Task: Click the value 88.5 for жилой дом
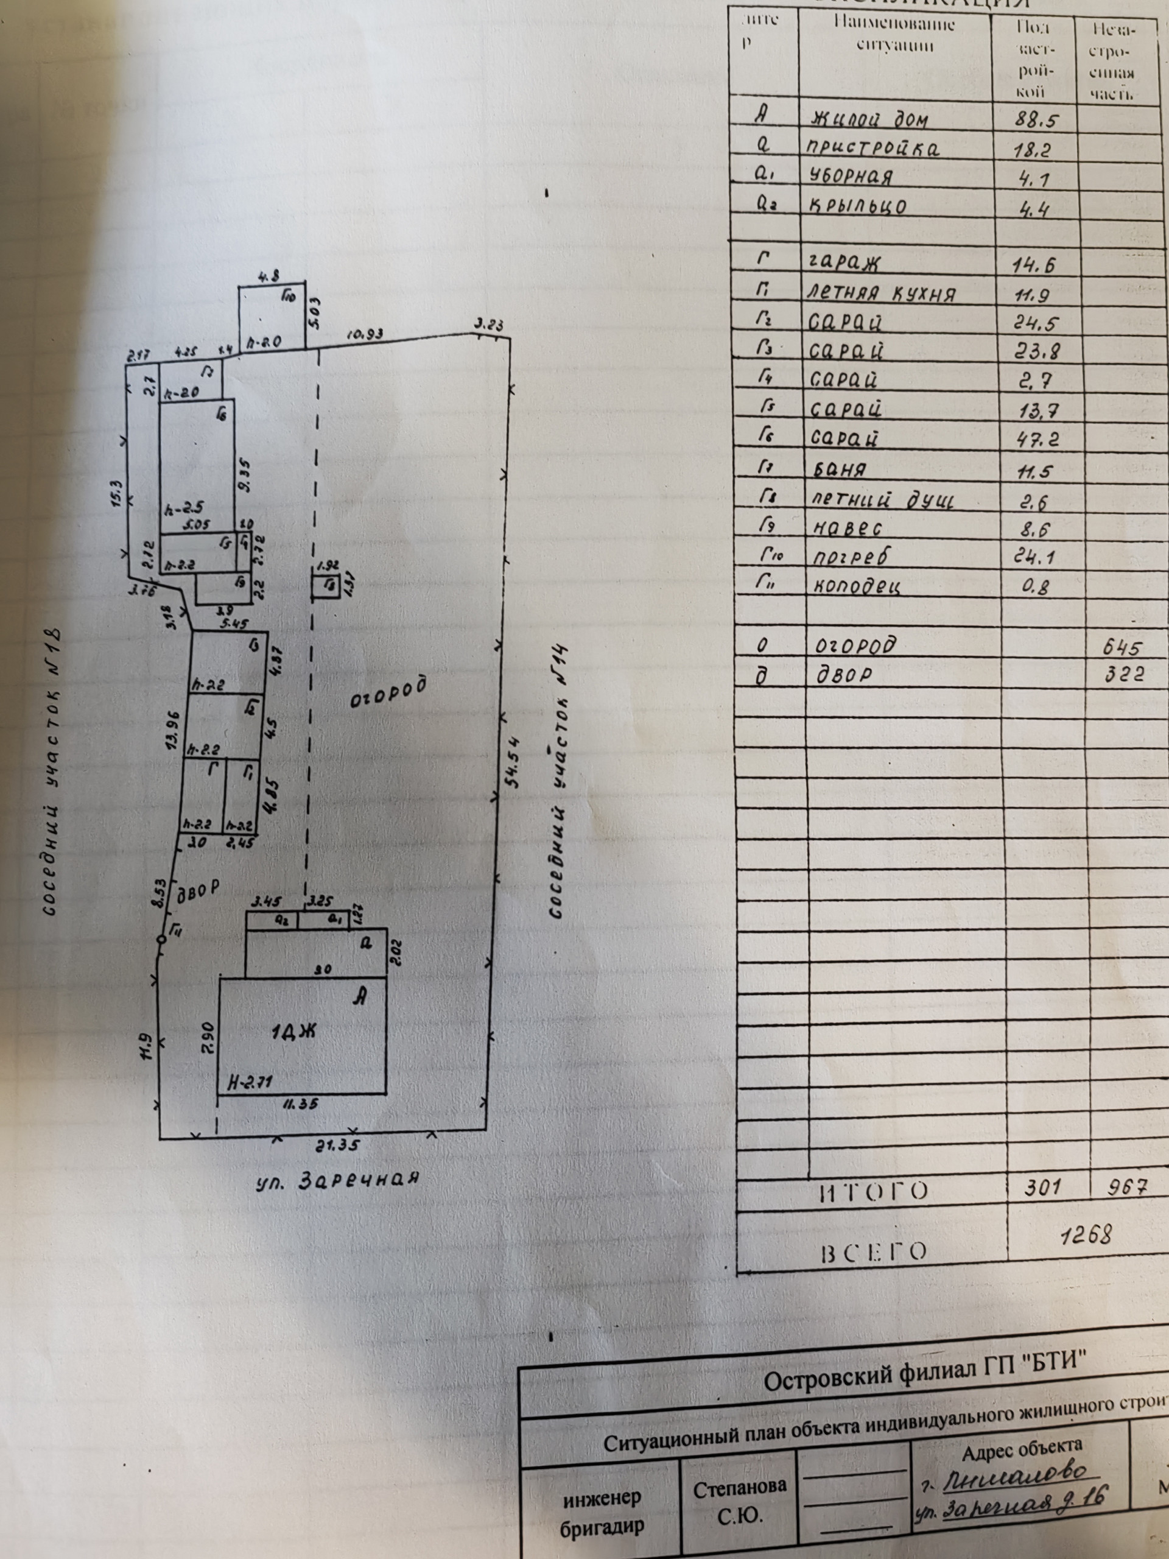pos(1035,119)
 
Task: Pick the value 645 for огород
pos(1124,646)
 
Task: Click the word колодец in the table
pos(856,586)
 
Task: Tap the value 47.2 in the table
pos(1035,439)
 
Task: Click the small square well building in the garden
pos(327,586)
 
